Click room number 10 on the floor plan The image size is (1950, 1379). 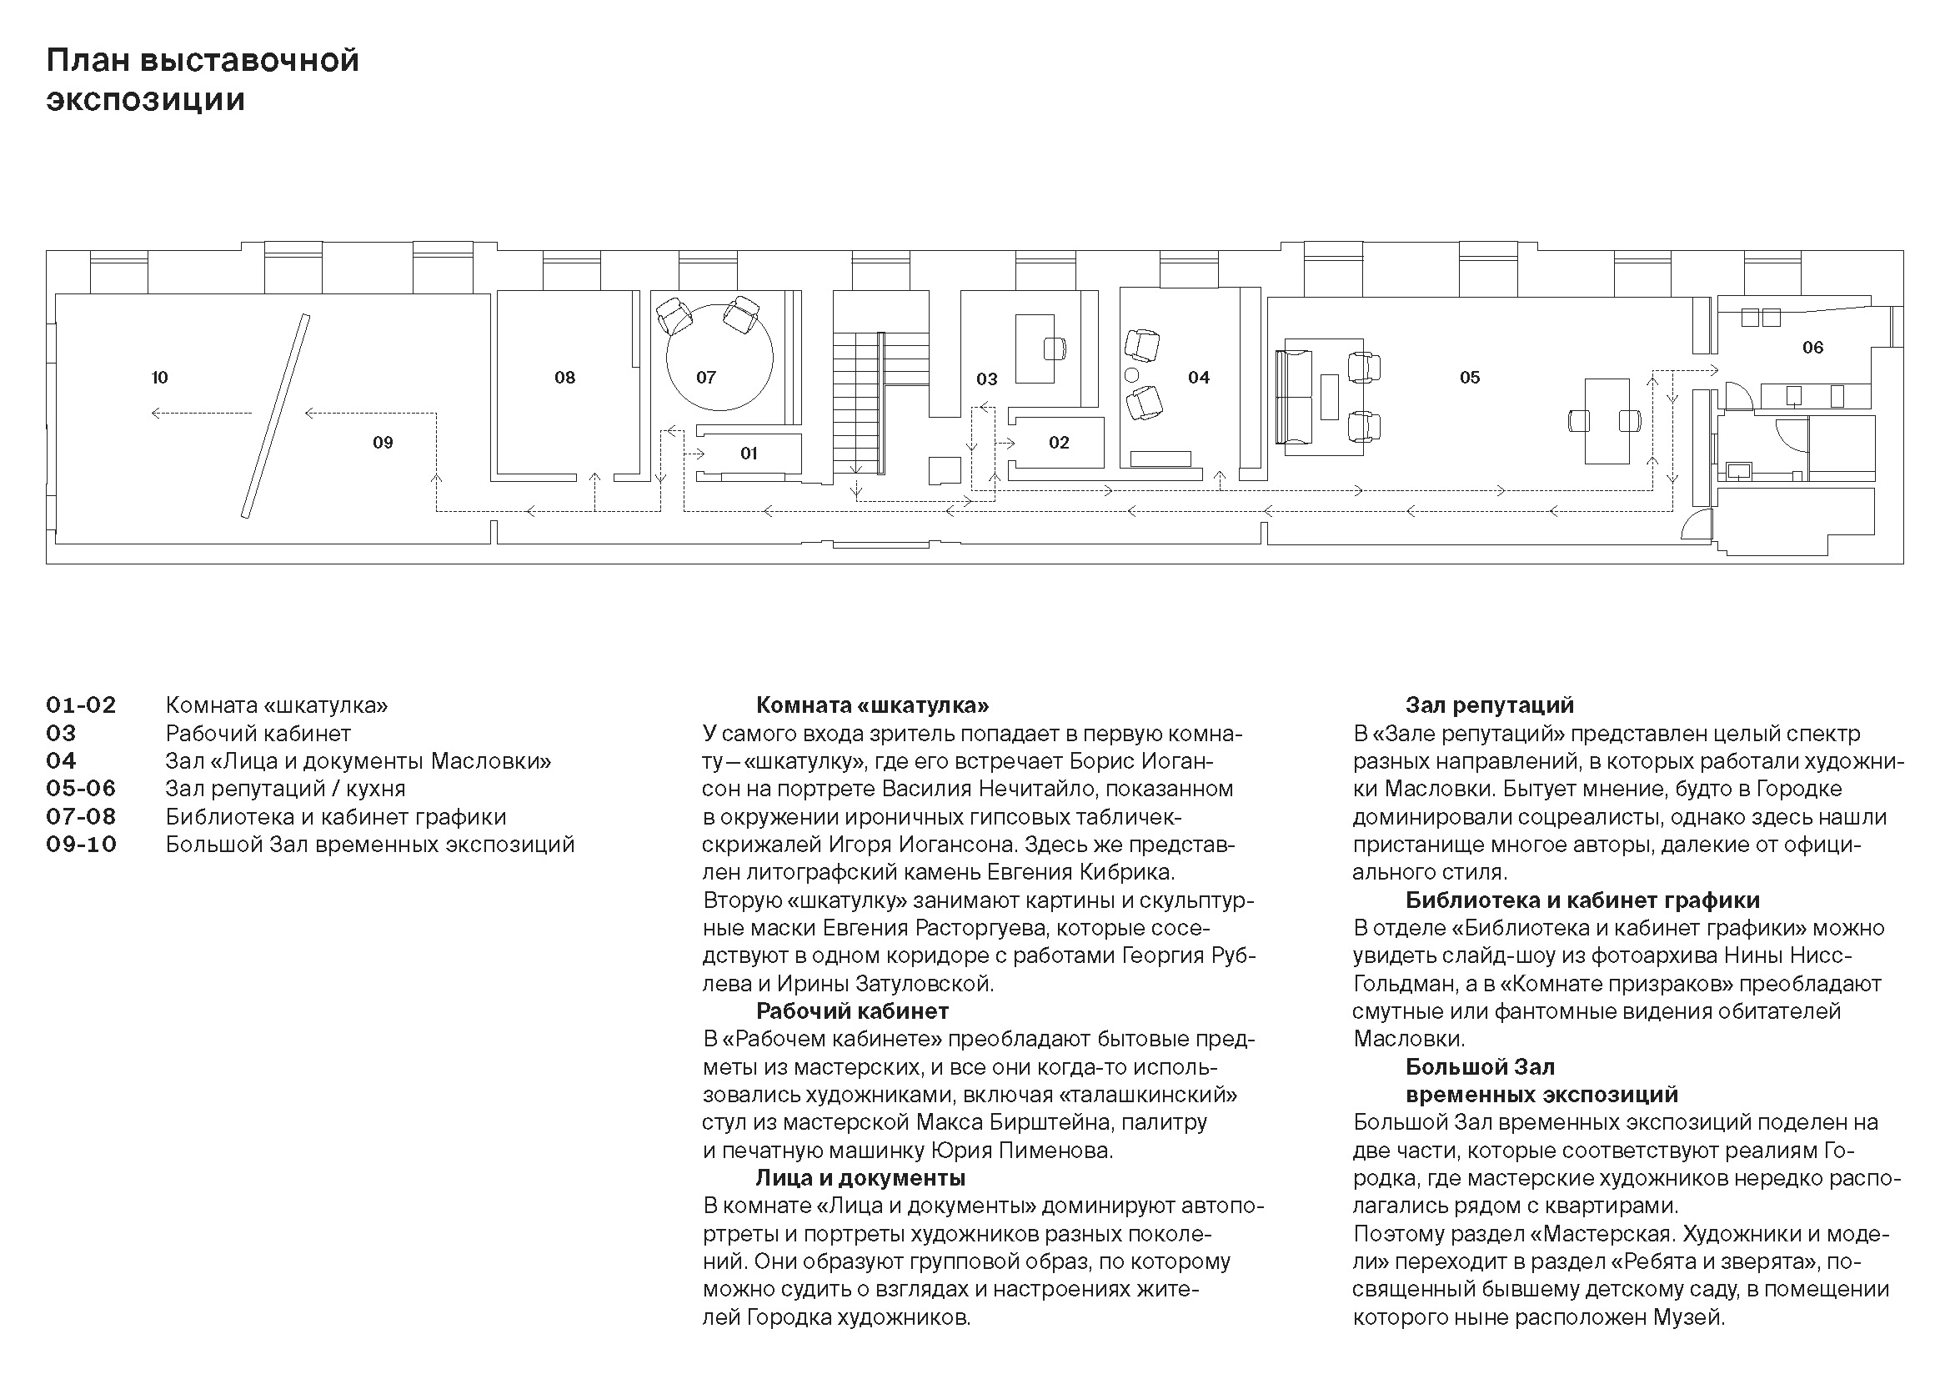pyautogui.click(x=160, y=378)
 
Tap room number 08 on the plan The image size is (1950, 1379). pyautogui.click(x=564, y=378)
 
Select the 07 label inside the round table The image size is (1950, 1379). pyautogui.click(x=706, y=378)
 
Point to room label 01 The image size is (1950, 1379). pyautogui.click(x=748, y=454)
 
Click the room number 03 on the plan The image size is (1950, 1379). pyautogui.click(x=986, y=379)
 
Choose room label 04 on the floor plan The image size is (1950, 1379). pyautogui.click(x=1198, y=378)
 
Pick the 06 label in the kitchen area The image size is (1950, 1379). pyautogui.click(x=1812, y=348)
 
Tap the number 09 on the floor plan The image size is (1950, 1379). pyautogui.click(x=383, y=443)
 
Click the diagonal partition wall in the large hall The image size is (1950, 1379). pyautogui.click(x=275, y=416)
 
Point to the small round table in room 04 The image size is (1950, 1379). pyautogui.click(x=1131, y=374)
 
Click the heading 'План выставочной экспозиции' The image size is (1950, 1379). pyautogui.click(x=203, y=80)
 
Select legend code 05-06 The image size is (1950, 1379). pyautogui.click(x=81, y=789)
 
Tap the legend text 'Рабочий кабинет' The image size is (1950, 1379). pyautogui.click(x=258, y=734)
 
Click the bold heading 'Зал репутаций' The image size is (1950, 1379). pyautogui.click(x=1490, y=705)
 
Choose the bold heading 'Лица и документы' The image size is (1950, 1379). pyautogui.click(x=860, y=1179)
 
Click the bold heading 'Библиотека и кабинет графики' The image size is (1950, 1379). pyautogui.click(x=1582, y=900)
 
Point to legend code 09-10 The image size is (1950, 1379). pyautogui.click(x=81, y=845)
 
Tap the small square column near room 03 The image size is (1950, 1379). pyautogui.click(x=945, y=470)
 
